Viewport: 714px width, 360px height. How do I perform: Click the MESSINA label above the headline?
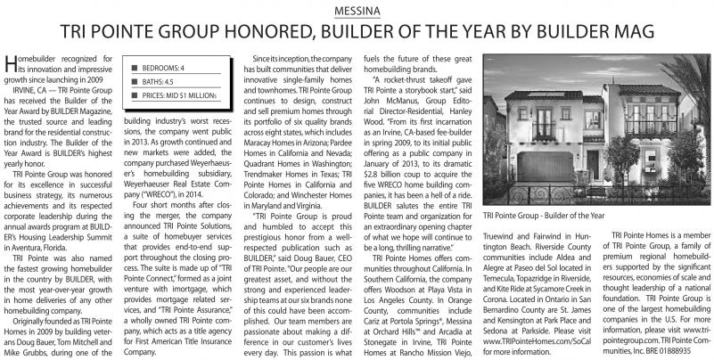point(357,12)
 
